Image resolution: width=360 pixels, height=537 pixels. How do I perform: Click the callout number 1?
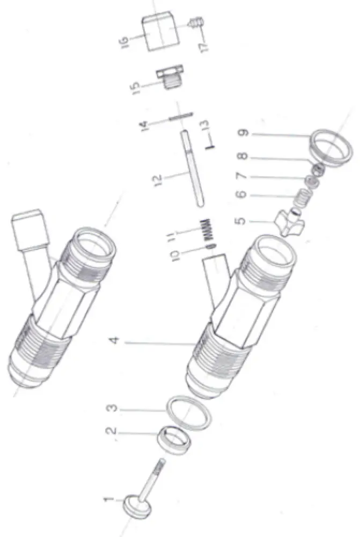108,499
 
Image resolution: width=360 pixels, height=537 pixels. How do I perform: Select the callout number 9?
244,132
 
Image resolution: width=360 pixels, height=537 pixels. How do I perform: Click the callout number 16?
124,41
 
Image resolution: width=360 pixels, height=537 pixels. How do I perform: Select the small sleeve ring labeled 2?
174,440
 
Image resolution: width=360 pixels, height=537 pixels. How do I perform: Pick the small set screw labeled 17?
195,21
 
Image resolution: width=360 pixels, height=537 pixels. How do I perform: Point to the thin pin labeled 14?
181,117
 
